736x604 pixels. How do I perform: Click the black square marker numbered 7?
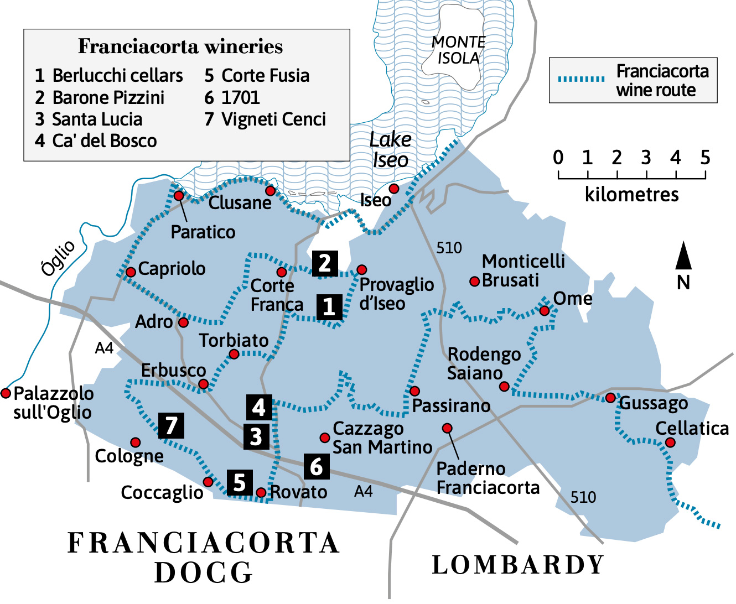[171, 425]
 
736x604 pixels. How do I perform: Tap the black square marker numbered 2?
[325, 263]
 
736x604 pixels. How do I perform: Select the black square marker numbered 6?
[317, 466]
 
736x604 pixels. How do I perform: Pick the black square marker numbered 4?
[259, 407]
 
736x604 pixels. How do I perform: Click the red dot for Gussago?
[610, 398]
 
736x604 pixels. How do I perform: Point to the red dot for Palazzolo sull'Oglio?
[6, 393]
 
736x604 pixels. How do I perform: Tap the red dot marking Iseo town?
[393, 189]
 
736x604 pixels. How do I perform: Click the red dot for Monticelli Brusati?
[474, 282]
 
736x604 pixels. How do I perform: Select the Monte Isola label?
[458, 50]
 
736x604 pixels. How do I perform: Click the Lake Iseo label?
[390, 149]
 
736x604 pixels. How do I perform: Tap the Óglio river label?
[58, 258]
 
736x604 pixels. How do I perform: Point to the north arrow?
[684, 257]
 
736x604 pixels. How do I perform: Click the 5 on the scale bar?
[704, 158]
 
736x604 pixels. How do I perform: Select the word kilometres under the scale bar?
[631, 195]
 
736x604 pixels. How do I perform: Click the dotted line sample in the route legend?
[581, 79]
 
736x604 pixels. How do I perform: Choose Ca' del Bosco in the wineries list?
[96, 141]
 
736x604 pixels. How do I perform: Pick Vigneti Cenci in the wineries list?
[266, 119]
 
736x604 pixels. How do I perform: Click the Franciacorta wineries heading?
[180, 46]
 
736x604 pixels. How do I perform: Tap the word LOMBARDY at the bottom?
[518, 565]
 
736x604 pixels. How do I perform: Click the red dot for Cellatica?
[670, 442]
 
